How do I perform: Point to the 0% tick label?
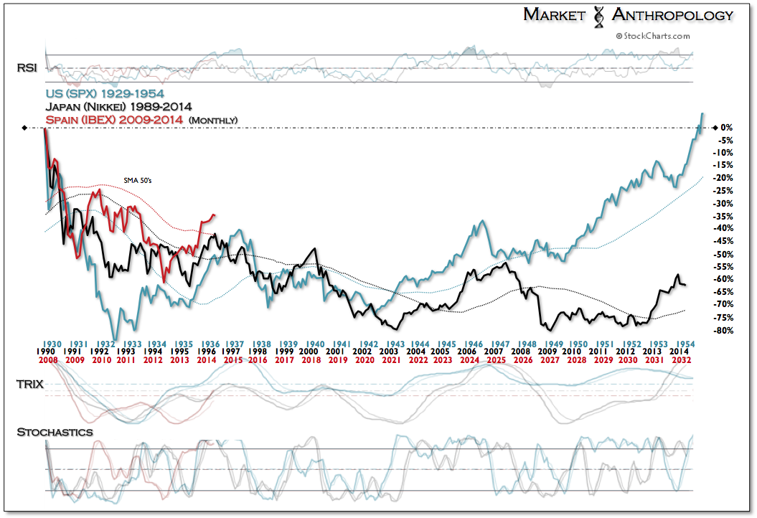pyautogui.click(x=725, y=128)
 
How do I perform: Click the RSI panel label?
pyautogui.click(x=27, y=68)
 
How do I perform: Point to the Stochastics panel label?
pyautogui.click(x=54, y=432)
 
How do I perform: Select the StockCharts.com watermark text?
pyautogui.click(x=652, y=35)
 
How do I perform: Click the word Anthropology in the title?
pyautogui.click(x=672, y=15)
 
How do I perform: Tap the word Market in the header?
pyautogui.click(x=555, y=15)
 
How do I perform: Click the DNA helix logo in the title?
pyautogui.click(x=597, y=15)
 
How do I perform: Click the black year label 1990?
pyautogui.click(x=45, y=351)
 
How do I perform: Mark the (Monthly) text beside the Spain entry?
pyautogui.click(x=214, y=119)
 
